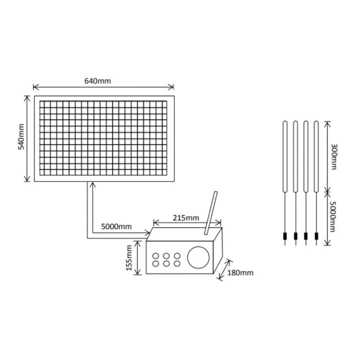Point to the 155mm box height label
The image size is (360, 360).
pos(128,257)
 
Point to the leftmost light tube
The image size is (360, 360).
pos(284,155)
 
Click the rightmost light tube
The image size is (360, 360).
pos(316,155)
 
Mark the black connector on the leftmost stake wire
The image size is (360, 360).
pos(284,236)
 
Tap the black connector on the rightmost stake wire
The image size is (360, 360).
pos(316,236)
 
